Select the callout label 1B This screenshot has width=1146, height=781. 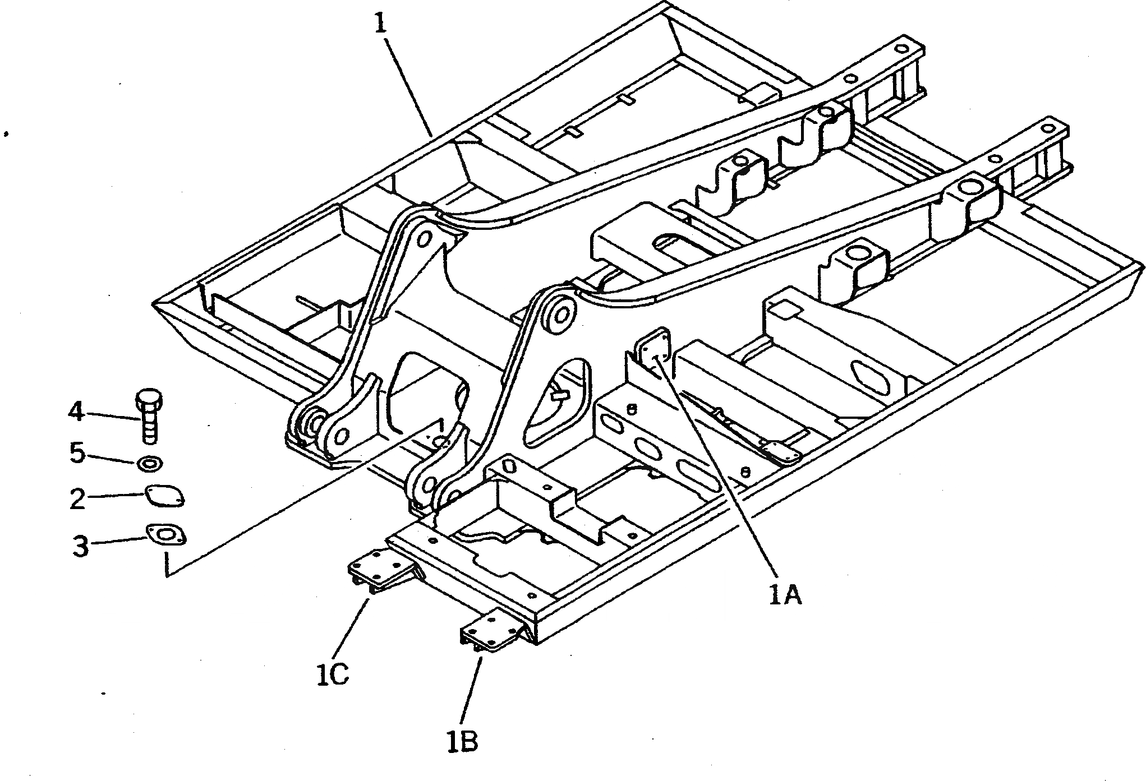(x=463, y=741)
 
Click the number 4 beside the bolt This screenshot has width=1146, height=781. (x=76, y=413)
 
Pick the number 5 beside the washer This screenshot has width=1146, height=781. (x=77, y=453)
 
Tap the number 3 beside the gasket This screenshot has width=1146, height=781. (x=81, y=545)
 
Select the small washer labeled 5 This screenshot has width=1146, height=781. (x=150, y=464)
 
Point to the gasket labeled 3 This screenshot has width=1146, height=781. (x=166, y=535)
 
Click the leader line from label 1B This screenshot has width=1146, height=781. (x=471, y=684)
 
